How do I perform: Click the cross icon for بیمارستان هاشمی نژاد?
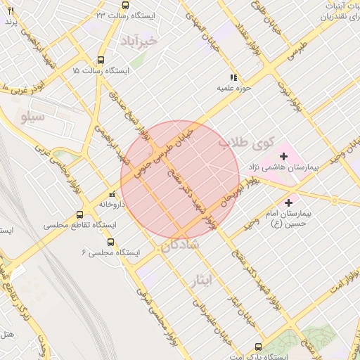pos(284,155)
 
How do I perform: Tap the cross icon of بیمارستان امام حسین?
pos(288,202)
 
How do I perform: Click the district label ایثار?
pos(201,281)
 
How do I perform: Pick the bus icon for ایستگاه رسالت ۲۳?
pos(125,5)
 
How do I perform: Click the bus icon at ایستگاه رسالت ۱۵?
pos(101,60)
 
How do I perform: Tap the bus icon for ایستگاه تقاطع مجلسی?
pos(79,214)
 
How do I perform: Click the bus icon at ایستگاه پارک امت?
pos(259,347)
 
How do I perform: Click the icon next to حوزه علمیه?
pos(233,77)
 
